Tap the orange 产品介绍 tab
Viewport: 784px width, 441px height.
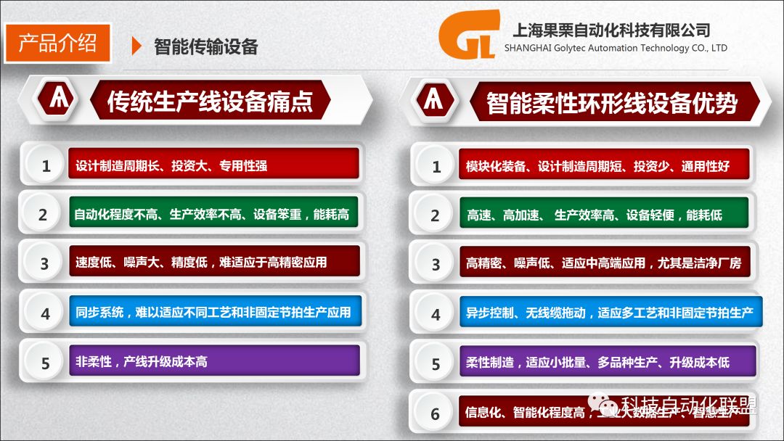[x=57, y=43]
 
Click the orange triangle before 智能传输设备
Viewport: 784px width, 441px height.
[x=136, y=46]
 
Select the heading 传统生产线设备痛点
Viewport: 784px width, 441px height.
[x=210, y=100]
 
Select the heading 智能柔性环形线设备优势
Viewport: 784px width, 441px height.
[x=611, y=102]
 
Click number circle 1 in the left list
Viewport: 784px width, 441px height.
[x=46, y=166]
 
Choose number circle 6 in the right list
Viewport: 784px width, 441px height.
[x=436, y=414]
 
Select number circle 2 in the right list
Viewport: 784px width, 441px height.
[x=436, y=215]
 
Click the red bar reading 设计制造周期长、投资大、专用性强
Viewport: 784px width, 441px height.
[x=214, y=165]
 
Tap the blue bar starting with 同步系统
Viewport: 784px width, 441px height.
[x=214, y=312]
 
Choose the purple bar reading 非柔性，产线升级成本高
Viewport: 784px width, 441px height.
[x=214, y=360]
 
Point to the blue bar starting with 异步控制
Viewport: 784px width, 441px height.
[x=610, y=313]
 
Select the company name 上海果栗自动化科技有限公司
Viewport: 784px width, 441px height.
[x=611, y=30]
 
